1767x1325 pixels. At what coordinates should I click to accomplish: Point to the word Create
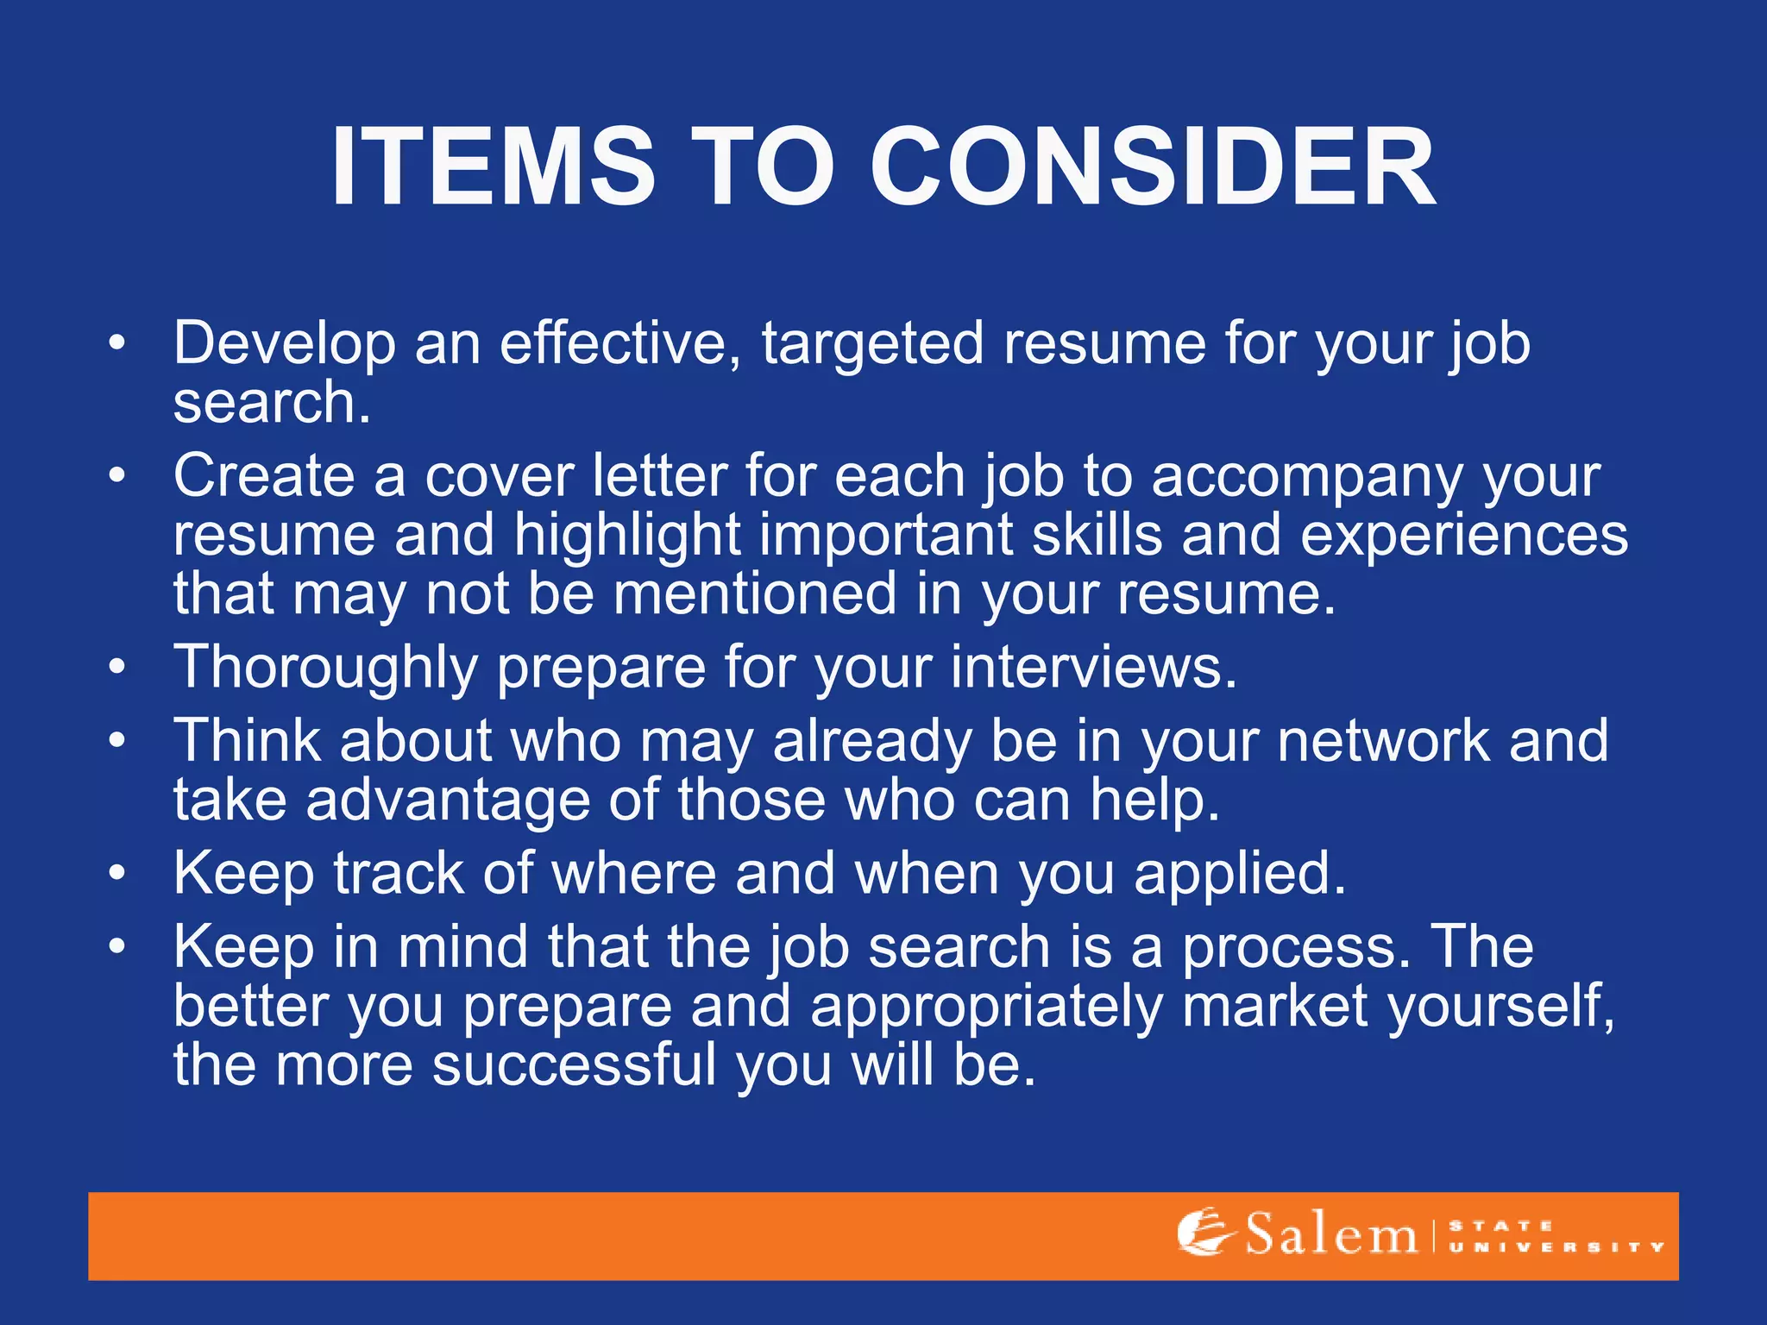pyautogui.click(x=264, y=476)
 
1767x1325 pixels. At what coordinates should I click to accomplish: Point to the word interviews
pyautogui.click(x=1093, y=667)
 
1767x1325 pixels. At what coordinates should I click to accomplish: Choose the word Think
pyautogui.click(x=247, y=740)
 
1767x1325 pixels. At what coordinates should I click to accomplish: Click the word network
pyautogui.click(x=1383, y=740)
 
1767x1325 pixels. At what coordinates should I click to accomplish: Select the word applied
pyautogui.click(x=1239, y=875)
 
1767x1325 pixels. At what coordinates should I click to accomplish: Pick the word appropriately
pyautogui.click(x=986, y=1008)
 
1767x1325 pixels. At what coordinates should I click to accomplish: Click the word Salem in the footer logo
pyautogui.click(x=1331, y=1234)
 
